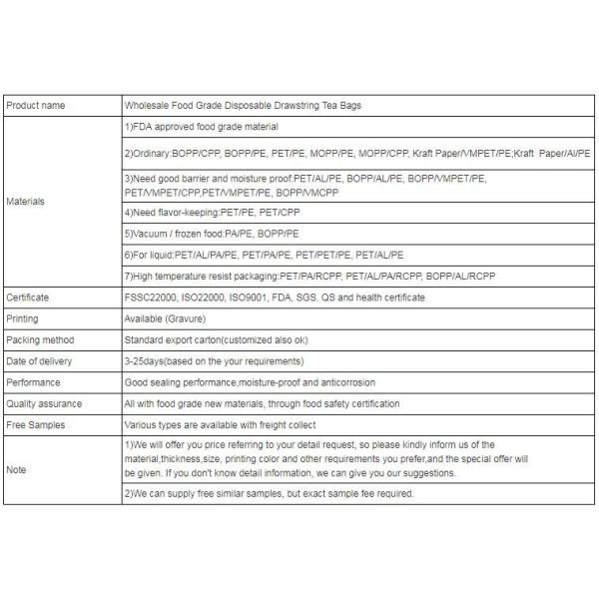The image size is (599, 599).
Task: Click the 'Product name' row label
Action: click(x=35, y=104)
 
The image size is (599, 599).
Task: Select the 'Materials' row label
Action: click(x=25, y=201)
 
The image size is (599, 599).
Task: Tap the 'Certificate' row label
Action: click(x=28, y=298)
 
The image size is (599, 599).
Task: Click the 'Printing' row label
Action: click(x=23, y=318)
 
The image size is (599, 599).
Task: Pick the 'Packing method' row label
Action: click(x=40, y=339)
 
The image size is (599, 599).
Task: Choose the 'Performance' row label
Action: click(x=33, y=382)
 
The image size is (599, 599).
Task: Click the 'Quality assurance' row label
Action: click(x=44, y=403)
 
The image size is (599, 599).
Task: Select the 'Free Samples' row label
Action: click(x=36, y=424)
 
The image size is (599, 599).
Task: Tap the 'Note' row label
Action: click(x=16, y=468)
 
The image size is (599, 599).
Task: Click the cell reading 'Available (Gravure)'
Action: click(x=168, y=318)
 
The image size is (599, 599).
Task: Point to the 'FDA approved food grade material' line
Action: click(x=201, y=127)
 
